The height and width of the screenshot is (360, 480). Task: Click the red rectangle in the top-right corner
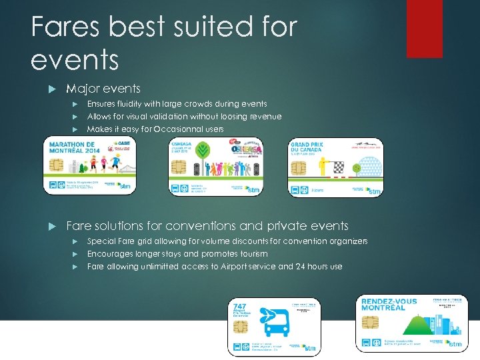(424, 19)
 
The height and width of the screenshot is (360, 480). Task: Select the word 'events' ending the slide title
(75, 60)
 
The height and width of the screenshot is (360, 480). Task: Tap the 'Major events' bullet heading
(103, 89)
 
